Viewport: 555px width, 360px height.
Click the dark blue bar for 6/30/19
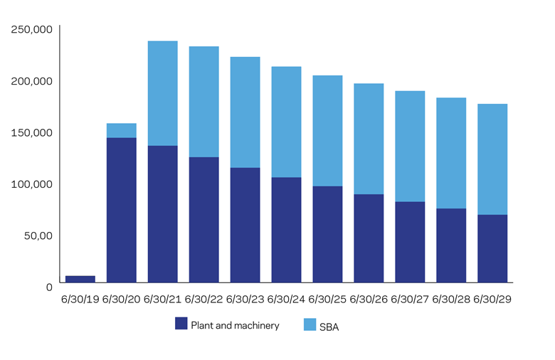(80, 280)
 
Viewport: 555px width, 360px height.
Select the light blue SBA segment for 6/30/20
(122, 131)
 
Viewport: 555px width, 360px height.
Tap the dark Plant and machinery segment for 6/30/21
(162, 214)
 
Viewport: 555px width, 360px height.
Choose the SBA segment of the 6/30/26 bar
(369, 139)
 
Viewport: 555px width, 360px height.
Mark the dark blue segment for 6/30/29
(492, 248)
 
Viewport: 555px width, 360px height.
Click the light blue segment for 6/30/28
(451, 153)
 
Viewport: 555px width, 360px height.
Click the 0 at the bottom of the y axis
(49, 287)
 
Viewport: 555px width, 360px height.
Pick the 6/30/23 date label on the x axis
(245, 300)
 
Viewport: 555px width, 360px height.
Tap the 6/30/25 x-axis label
(328, 300)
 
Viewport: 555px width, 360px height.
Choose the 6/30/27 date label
(411, 300)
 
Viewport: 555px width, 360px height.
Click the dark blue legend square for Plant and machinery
(181, 324)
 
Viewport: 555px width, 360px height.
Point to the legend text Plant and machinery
(235, 325)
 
